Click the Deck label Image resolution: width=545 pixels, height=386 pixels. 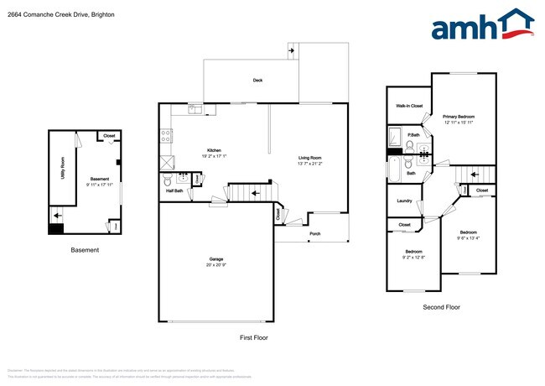[258, 81]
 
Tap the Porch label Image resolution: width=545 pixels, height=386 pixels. [315, 233]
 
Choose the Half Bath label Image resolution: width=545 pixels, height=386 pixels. [174, 190]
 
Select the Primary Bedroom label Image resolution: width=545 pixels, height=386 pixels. [459, 117]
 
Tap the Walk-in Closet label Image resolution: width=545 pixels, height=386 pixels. [409, 106]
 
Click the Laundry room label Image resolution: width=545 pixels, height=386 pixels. [403, 201]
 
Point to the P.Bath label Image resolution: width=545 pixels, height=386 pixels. [413, 135]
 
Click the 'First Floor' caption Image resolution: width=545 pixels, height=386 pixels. [254, 337]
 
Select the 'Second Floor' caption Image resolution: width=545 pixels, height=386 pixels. [441, 307]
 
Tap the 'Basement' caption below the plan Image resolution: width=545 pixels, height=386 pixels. [84, 250]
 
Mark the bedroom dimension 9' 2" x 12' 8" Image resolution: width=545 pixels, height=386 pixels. [414, 258]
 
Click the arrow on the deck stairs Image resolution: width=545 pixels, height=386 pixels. [291, 50]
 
